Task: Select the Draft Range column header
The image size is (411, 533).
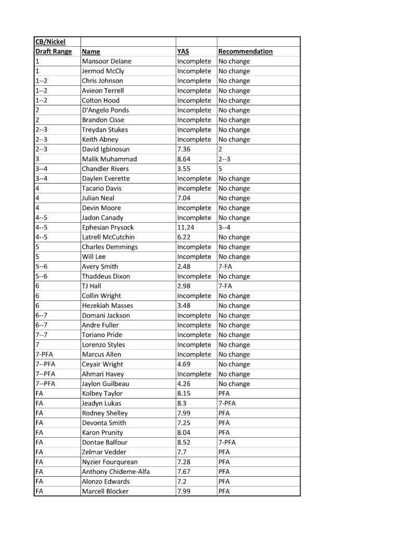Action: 54,52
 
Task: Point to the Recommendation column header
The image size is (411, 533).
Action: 245,52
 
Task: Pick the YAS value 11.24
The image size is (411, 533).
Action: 185,227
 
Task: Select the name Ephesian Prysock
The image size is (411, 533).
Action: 108,227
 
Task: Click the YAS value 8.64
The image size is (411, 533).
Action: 183,159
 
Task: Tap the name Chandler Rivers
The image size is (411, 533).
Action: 105,169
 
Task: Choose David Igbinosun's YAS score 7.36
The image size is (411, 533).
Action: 183,149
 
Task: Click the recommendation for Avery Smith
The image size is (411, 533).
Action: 226,266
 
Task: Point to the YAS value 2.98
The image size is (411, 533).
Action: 183,286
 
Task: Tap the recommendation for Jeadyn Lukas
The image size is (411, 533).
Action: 227,403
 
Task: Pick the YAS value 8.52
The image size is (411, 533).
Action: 183,442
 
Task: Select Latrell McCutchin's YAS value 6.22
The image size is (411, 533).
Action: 183,237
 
